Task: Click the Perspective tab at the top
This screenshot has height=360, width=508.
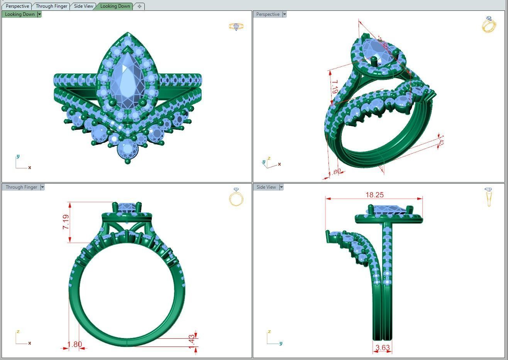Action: point(17,6)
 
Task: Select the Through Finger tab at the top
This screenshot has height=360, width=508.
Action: point(51,6)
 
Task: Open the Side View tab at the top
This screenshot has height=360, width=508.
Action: point(83,6)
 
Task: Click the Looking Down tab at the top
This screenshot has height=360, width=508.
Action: point(115,6)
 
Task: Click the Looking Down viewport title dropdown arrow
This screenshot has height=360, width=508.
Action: point(39,14)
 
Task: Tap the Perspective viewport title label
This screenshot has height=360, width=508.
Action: point(268,14)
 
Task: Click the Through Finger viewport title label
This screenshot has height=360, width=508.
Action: point(21,187)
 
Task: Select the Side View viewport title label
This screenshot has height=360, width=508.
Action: point(266,187)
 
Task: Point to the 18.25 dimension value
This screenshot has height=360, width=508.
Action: point(374,195)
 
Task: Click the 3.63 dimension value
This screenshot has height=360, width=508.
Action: point(382,348)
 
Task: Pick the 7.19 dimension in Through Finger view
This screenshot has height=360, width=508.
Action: point(66,222)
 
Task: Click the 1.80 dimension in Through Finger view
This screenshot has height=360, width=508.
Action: point(75,345)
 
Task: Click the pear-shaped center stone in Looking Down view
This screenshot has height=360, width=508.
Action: point(127,79)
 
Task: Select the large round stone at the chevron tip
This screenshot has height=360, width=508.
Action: point(127,149)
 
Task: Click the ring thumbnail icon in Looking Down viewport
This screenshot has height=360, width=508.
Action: point(236,26)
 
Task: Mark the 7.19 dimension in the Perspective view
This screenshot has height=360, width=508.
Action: point(334,87)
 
